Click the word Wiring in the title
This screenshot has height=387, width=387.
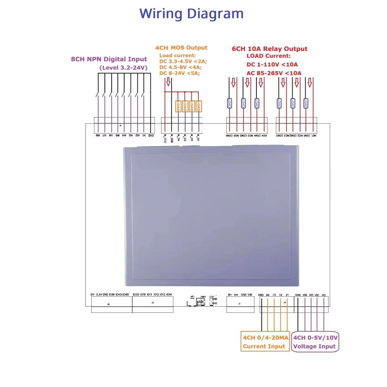click(162, 14)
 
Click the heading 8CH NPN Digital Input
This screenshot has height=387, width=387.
click(109, 59)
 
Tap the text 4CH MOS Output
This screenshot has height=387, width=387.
click(181, 48)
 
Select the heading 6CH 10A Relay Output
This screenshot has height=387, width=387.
click(270, 49)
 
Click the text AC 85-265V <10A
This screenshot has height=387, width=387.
click(274, 73)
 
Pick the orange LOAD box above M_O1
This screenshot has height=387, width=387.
click(199, 106)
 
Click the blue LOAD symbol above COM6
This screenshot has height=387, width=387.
click(229, 103)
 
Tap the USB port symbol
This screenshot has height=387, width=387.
click(200, 302)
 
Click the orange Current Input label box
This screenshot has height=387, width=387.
click(265, 342)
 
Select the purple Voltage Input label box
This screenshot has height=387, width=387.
click(315, 342)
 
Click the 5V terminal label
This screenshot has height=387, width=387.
click(93, 295)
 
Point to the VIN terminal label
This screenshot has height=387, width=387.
click(250, 295)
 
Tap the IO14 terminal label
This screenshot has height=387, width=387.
click(169, 295)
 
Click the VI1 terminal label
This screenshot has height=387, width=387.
click(324, 295)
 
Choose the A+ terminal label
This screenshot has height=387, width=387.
click(236, 295)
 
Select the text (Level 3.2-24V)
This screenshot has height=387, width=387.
click(123, 68)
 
